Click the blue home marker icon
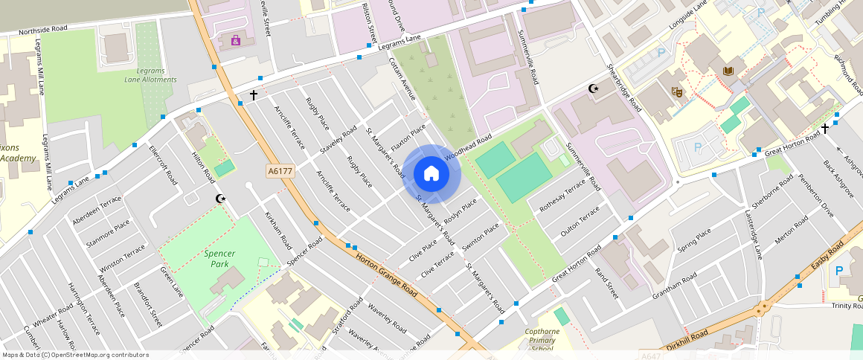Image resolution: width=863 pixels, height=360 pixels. click(x=431, y=174)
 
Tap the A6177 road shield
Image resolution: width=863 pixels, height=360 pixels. click(x=280, y=171)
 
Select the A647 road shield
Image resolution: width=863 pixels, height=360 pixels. click(x=651, y=356)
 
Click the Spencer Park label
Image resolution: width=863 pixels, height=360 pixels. click(x=219, y=259)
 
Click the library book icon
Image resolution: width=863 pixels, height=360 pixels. click(x=728, y=71)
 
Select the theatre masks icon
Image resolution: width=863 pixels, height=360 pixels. click(x=677, y=91)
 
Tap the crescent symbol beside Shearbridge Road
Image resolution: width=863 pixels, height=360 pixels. click(x=594, y=89)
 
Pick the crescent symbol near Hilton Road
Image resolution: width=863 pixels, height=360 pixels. click(x=220, y=199)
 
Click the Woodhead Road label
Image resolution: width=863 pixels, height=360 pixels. click(x=469, y=147)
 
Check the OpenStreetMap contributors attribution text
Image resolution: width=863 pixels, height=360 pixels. click(x=75, y=355)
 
